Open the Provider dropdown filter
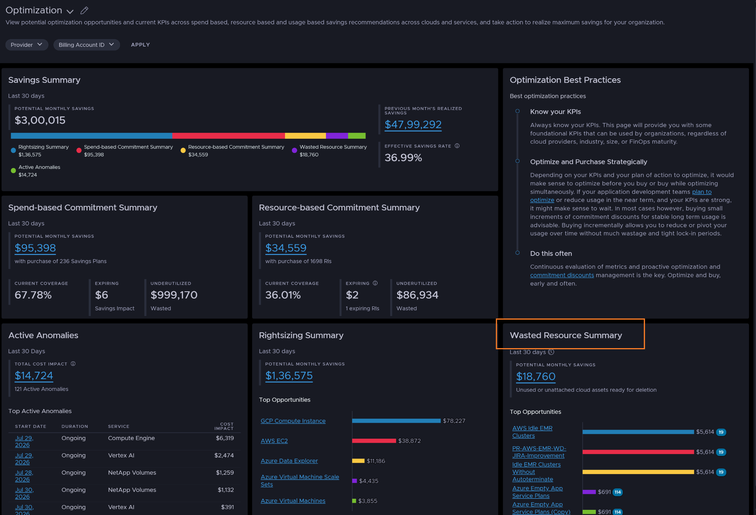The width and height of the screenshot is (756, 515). [x=27, y=45]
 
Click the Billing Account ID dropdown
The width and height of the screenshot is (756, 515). [x=86, y=45]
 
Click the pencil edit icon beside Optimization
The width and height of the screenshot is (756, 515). [x=85, y=10]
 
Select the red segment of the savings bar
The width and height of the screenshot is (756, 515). [x=228, y=136]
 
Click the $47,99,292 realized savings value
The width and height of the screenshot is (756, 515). [x=413, y=124]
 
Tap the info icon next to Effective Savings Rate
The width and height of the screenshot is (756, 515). [x=457, y=146]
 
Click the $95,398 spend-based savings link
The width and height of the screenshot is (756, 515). [x=35, y=248]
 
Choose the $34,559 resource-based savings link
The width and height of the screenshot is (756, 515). [x=286, y=248]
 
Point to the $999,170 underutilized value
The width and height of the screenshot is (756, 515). [x=174, y=295]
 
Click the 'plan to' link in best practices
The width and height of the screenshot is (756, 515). [x=702, y=192]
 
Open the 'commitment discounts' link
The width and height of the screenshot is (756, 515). [x=562, y=275]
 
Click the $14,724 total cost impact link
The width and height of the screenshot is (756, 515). [x=34, y=375]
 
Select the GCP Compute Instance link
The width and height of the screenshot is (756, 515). [x=293, y=421]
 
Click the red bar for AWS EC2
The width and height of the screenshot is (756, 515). [x=374, y=441]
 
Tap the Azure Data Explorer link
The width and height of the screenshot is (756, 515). [x=289, y=461]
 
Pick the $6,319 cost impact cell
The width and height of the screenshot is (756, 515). [x=225, y=438]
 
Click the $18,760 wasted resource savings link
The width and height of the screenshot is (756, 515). [x=536, y=376]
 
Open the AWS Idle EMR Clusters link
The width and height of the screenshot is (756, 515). [x=532, y=432]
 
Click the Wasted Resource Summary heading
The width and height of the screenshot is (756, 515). [x=566, y=335]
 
